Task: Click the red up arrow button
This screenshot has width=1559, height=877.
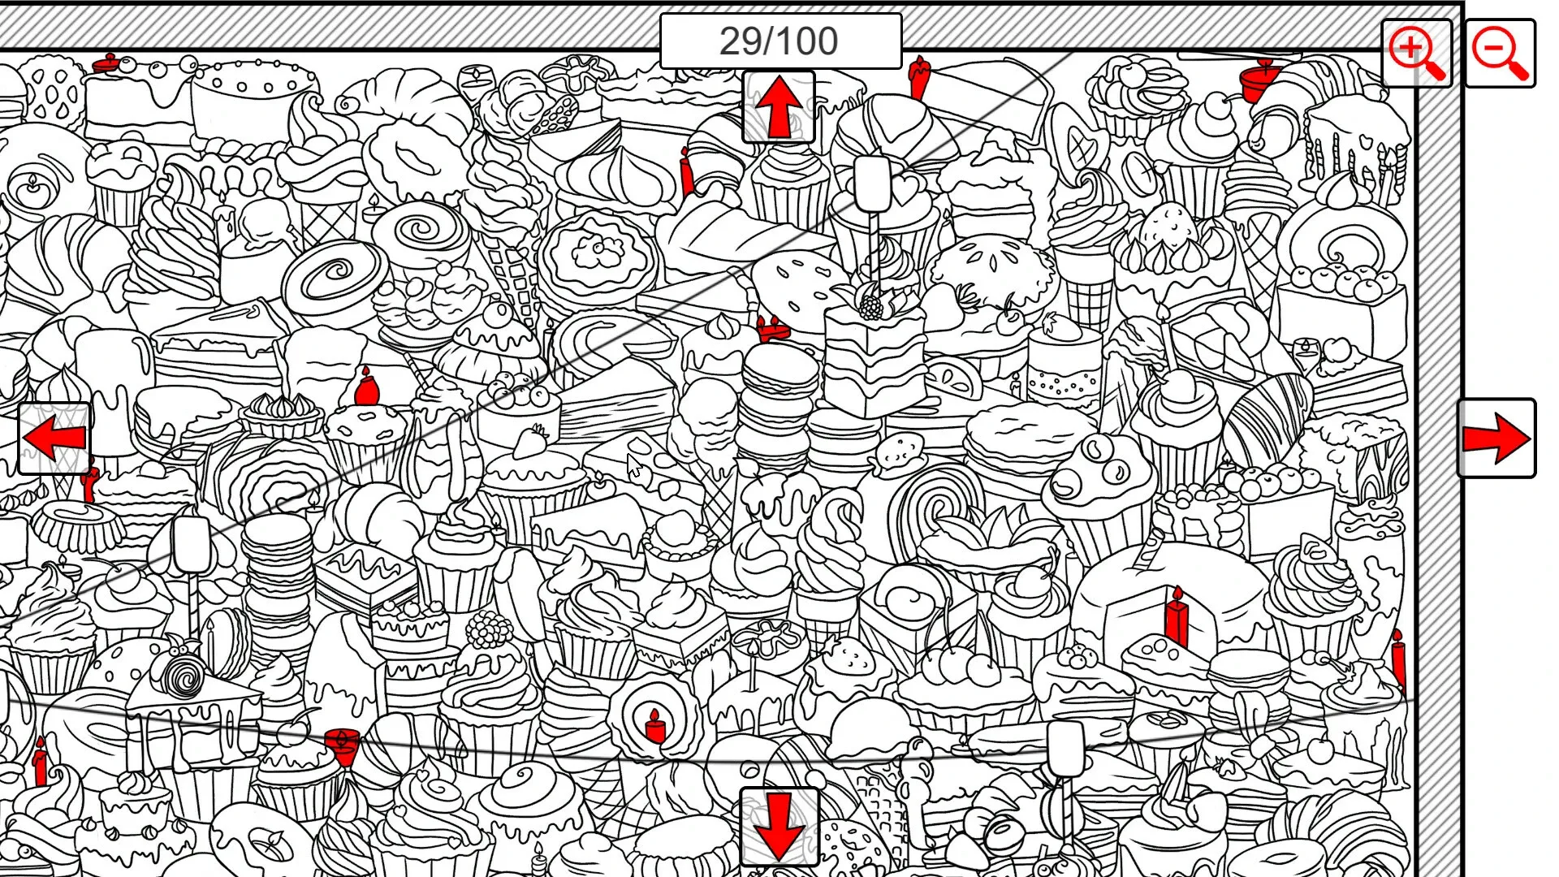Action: (x=778, y=107)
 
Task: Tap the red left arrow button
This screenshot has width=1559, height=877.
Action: (x=54, y=438)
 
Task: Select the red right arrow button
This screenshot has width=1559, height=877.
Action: (x=1496, y=438)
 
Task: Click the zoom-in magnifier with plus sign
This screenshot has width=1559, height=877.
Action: (x=1417, y=54)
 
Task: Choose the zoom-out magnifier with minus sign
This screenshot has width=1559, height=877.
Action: (x=1501, y=54)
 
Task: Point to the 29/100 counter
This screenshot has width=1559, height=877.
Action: (x=779, y=41)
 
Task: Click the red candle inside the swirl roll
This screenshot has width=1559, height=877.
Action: (x=655, y=727)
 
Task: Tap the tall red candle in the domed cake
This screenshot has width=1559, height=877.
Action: (x=1176, y=617)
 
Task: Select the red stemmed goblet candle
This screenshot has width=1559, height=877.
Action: (x=342, y=745)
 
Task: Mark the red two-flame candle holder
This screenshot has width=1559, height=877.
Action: (x=773, y=329)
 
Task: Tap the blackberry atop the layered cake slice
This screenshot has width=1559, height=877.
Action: (x=870, y=306)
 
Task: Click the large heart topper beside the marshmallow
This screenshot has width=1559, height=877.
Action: (x=904, y=190)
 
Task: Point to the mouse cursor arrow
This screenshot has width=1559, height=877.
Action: (x=634, y=467)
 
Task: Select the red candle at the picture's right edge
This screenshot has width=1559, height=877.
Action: (x=1398, y=659)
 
